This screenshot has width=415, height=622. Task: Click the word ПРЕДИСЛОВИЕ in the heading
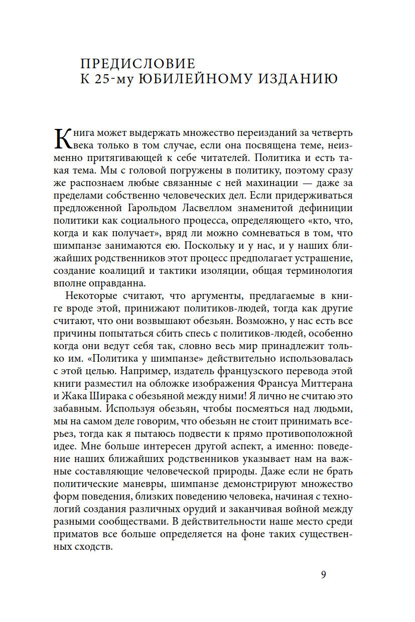click(137, 64)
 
